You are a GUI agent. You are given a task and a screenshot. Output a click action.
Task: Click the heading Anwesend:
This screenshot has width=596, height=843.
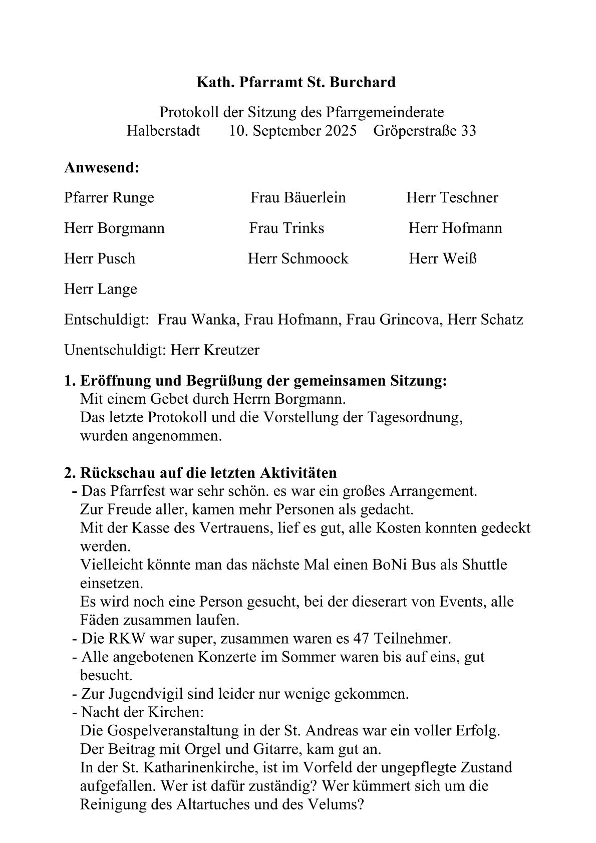(102, 168)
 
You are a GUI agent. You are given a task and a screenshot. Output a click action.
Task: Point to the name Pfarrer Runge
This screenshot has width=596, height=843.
(109, 198)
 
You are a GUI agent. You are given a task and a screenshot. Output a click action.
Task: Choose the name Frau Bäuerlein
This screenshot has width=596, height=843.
(298, 197)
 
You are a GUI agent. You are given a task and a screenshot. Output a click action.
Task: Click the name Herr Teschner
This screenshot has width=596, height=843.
(452, 197)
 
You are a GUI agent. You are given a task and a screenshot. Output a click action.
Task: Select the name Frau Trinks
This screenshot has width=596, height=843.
(286, 228)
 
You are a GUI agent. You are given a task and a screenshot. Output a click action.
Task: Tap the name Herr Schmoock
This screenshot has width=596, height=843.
(298, 259)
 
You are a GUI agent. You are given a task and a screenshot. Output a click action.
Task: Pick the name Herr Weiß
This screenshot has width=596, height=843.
(442, 259)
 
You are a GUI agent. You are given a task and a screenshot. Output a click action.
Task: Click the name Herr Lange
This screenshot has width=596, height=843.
(100, 290)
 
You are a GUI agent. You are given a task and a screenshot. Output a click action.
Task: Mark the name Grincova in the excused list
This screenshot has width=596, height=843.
(411, 320)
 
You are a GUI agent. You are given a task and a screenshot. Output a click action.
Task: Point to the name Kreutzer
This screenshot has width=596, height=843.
(231, 350)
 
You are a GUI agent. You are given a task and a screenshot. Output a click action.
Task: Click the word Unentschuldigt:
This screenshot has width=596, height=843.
(115, 350)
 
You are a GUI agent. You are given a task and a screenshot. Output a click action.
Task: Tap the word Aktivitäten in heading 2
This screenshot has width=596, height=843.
(299, 473)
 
